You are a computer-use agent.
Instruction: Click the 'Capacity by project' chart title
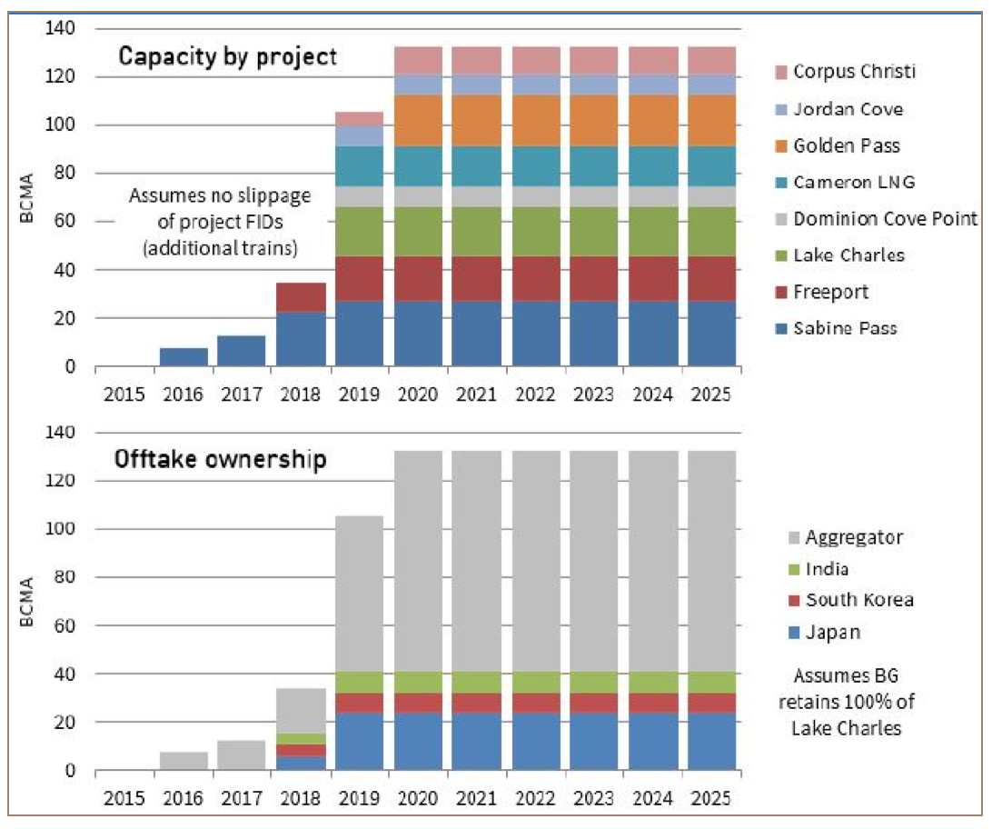(x=228, y=57)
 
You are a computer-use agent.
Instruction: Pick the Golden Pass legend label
(x=847, y=145)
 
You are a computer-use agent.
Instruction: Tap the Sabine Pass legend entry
(x=845, y=328)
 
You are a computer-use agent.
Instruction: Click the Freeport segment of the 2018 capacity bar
(x=301, y=297)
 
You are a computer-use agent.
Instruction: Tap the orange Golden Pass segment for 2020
(x=418, y=120)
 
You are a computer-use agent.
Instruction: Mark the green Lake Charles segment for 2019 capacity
(x=360, y=232)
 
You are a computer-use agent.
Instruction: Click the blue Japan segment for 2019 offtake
(x=360, y=742)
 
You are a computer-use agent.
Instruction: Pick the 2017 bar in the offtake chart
(x=243, y=755)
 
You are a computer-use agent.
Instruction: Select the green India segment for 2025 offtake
(x=711, y=683)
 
